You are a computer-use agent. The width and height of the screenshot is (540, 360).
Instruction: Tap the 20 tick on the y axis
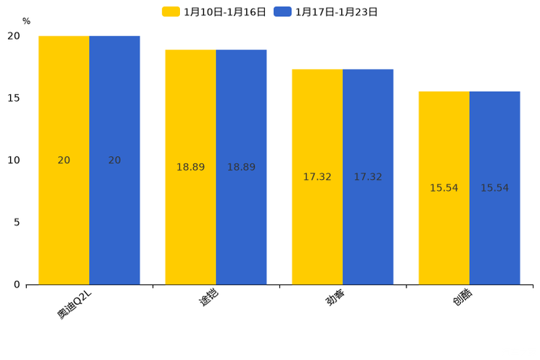pyautogui.click(x=14, y=36)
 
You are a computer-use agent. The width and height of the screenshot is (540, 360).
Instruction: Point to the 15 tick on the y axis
pyautogui.click(x=14, y=98)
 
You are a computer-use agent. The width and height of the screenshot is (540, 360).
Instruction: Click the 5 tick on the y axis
pyautogui.click(x=17, y=222)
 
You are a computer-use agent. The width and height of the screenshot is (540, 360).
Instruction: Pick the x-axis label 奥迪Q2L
pyautogui.click(x=75, y=303)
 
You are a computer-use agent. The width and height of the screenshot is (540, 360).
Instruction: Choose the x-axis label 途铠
pyautogui.click(x=208, y=297)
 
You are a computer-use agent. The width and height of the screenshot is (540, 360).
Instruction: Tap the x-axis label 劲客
pyautogui.click(x=335, y=297)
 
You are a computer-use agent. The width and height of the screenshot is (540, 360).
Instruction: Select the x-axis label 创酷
pyautogui.click(x=462, y=297)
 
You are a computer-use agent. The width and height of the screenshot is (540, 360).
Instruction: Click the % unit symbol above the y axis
pyautogui.click(x=26, y=22)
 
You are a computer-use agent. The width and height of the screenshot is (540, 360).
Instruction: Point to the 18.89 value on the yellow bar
pyautogui.click(x=191, y=168)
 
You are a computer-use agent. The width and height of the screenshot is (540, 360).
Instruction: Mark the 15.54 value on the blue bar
pyautogui.click(x=494, y=188)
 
